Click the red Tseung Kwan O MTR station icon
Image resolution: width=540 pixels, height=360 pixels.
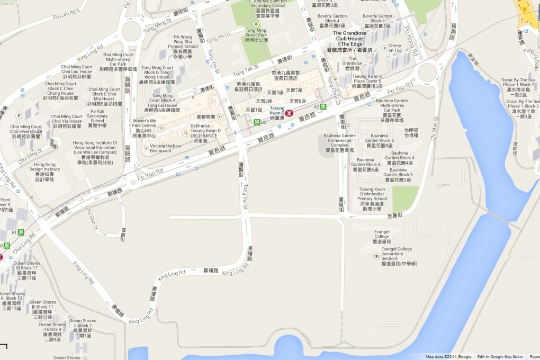click(x=290, y=113)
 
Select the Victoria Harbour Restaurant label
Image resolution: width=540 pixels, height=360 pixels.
click(x=154, y=148)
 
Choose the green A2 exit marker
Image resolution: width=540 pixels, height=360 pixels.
click(x=323, y=106)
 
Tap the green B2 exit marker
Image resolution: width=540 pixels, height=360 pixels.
click(x=257, y=122)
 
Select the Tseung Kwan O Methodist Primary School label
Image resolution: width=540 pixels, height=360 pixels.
click(x=372, y=199)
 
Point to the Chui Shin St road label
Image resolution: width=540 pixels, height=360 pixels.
click(x=92, y=218)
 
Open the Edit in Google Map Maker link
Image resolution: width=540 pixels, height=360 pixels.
click(x=498, y=357)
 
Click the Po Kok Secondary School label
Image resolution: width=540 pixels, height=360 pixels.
click(x=98, y=118)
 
